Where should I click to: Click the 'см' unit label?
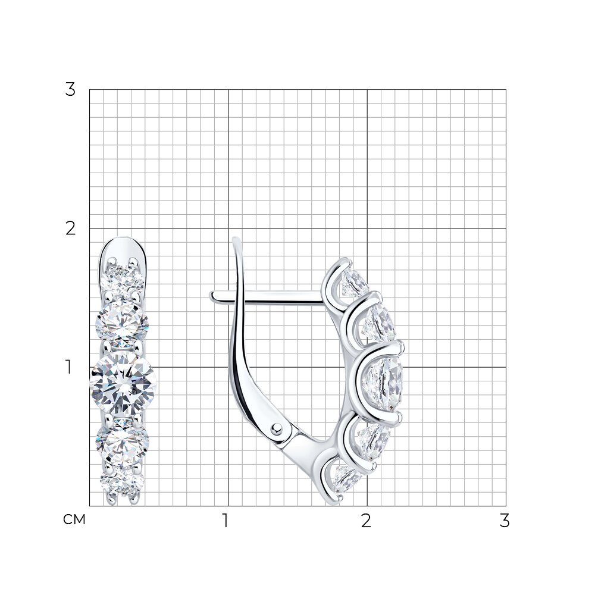[x=74, y=519]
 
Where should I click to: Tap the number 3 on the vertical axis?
[x=70, y=90]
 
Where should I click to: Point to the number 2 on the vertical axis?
[x=70, y=228]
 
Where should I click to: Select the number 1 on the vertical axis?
[x=68, y=367]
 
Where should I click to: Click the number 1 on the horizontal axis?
[x=226, y=521]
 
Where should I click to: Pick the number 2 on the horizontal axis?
[x=366, y=521]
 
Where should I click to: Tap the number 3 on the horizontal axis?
[x=505, y=521]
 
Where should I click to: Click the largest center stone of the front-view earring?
[x=123, y=384]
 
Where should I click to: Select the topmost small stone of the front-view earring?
[x=123, y=276]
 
